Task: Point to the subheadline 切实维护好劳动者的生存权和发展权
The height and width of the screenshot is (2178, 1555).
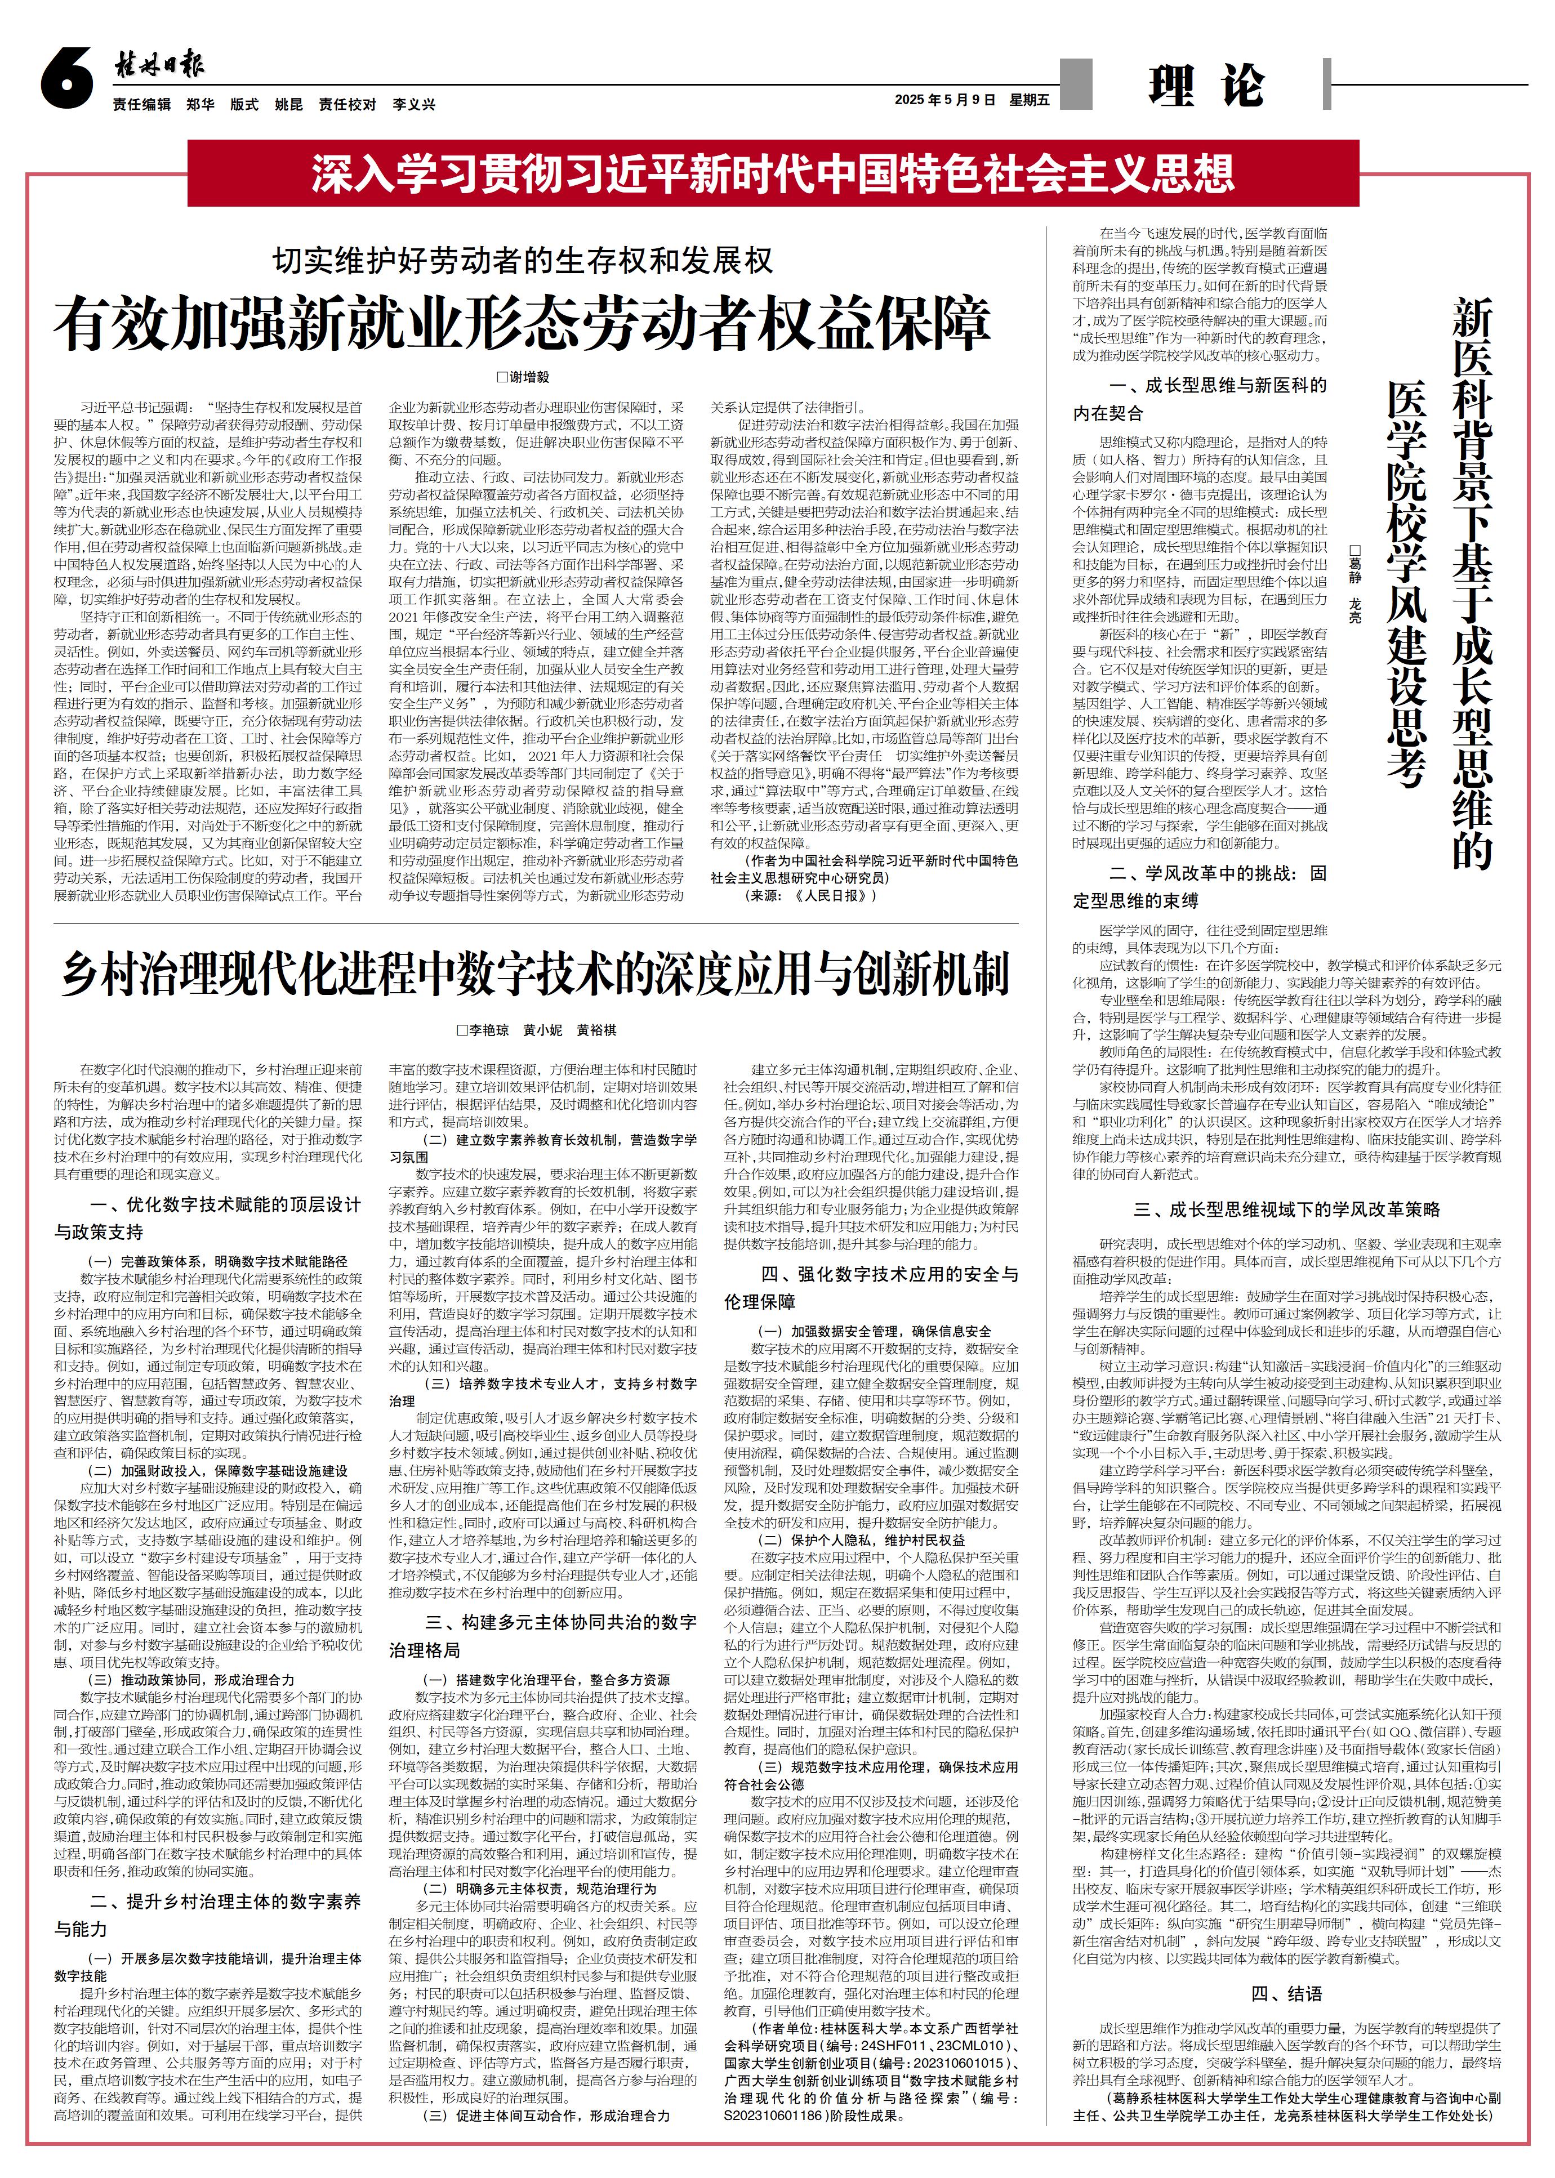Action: coord(522,260)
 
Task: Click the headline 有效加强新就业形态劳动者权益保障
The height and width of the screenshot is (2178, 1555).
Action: coord(522,324)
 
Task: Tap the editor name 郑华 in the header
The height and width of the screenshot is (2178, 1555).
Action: coord(200,104)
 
